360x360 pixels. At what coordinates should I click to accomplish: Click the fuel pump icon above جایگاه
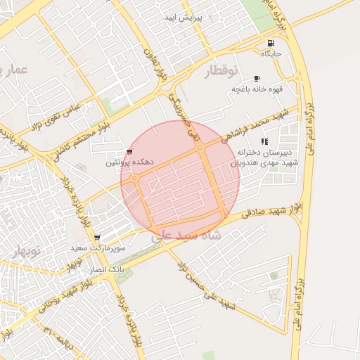(x=271, y=43)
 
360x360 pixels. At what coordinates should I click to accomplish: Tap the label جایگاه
(x=271, y=53)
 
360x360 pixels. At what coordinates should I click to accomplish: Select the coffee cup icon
(x=257, y=78)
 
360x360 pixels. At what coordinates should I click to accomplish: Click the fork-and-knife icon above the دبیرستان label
(x=264, y=141)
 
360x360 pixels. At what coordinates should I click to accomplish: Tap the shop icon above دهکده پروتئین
(x=129, y=152)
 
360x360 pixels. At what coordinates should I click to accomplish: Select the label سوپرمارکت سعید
(x=97, y=248)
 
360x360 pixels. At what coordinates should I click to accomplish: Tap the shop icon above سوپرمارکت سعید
(x=97, y=238)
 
